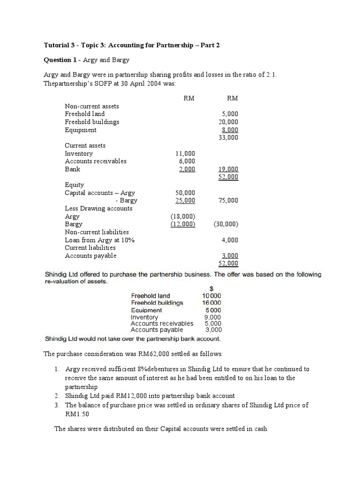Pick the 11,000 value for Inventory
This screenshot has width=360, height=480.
point(185,153)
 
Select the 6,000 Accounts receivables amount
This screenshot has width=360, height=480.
point(187,161)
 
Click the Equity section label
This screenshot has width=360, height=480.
point(74,185)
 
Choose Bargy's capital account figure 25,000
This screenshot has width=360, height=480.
point(185,201)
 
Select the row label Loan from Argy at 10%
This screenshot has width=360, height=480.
point(99,240)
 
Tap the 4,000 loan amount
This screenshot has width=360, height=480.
point(230,240)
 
